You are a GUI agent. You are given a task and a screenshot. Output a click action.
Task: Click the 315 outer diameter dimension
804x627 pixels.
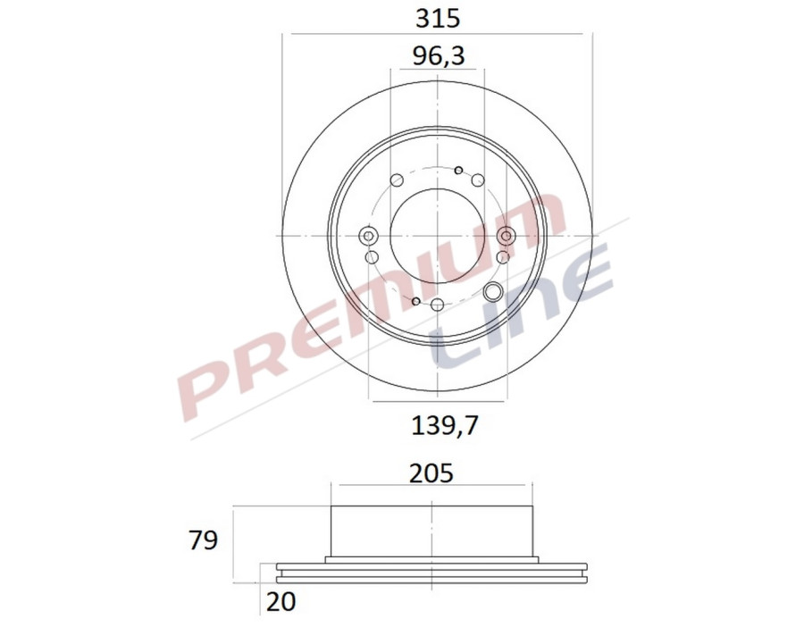[x=438, y=17]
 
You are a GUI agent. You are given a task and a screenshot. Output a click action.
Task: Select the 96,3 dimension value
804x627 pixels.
[x=438, y=56]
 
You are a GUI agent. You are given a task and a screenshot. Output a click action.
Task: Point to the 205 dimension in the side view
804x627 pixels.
[x=431, y=472]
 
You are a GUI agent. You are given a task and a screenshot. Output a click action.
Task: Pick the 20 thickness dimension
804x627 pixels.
[x=280, y=602]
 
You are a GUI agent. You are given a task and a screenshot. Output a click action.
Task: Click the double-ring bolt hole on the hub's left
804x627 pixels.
[x=368, y=236]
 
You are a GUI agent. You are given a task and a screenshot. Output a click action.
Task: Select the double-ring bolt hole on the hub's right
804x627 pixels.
[x=507, y=236]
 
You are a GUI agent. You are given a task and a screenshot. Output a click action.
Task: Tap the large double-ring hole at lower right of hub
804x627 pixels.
[x=492, y=291]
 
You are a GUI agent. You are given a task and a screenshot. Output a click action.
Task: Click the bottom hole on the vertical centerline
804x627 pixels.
[x=437, y=306]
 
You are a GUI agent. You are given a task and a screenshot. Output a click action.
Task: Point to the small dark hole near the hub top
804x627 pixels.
[x=458, y=170]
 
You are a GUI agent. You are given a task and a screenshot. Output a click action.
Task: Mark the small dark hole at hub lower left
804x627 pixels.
[x=416, y=301]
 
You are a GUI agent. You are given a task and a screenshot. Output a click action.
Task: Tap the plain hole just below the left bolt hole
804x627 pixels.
[x=374, y=257]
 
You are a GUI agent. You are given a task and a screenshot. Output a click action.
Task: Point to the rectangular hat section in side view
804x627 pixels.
[x=431, y=531]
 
